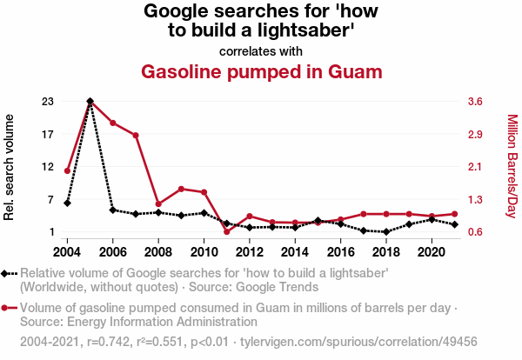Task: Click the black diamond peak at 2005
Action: [x=90, y=102]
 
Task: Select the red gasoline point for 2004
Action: [x=68, y=170]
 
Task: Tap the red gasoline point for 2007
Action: [x=136, y=136]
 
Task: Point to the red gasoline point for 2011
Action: [x=226, y=231]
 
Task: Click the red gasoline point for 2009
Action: [x=181, y=189]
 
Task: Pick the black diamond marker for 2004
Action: [x=68, y=203]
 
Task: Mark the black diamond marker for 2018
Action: [x=385, y=232]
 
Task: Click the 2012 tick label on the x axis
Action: [x=249, y=251]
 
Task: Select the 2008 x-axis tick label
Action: [x=158, y=251]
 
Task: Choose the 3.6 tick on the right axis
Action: [x=475, y=102]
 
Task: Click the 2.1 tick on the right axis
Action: [x=475, y=167]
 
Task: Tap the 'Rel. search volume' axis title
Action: [x=10, y=167]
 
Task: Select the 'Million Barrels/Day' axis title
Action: [x=512, y=167]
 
